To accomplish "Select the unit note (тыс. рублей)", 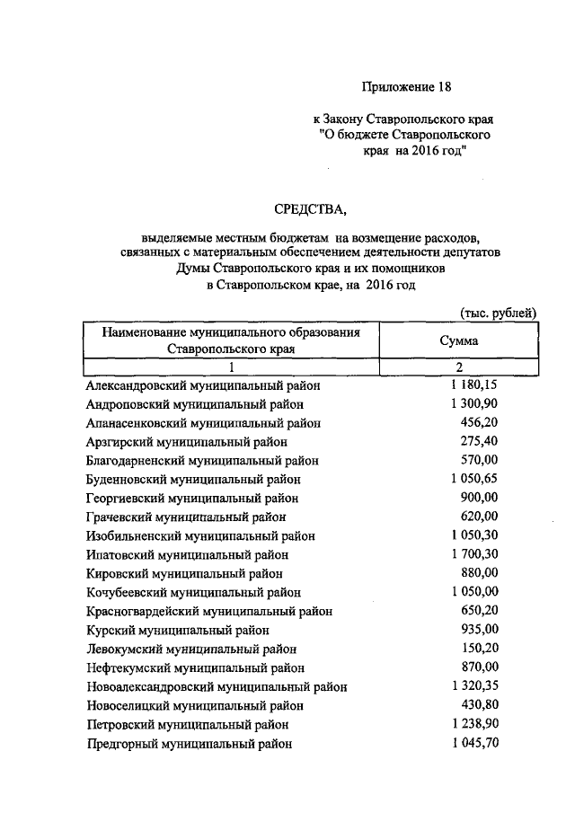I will pyautogui.click(x=497, y=312).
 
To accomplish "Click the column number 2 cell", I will pyautogui.click(x=458, y=367).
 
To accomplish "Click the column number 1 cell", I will pyautogui.click(x=231, y=367).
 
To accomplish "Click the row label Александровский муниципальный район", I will pyautogui.click(x=203, y=385).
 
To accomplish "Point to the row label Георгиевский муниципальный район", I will pyautogui.click(x=192, y=498).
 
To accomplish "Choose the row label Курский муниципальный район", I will pyautogui.click(x=178, y=630).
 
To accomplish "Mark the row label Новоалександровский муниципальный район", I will pyautogui.click(x=217, y=686).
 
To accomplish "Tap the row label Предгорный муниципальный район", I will pyautogui.click(x=189, y=743).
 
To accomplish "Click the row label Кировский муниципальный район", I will pyautogui.click(x=184, y=573).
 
